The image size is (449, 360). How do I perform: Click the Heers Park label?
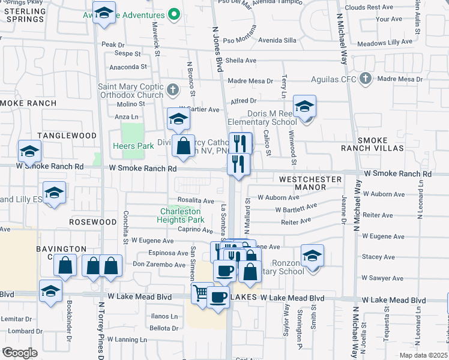point(133,146)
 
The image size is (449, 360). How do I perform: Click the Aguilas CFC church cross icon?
point(366,79)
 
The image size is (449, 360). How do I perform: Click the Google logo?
point(20,353)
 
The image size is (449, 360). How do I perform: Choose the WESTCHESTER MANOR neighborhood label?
point(310,183)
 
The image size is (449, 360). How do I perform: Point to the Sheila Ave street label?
point(241,61)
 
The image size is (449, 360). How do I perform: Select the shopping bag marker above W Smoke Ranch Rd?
point(183,146)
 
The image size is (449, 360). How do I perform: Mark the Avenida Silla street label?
point(277,41)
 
